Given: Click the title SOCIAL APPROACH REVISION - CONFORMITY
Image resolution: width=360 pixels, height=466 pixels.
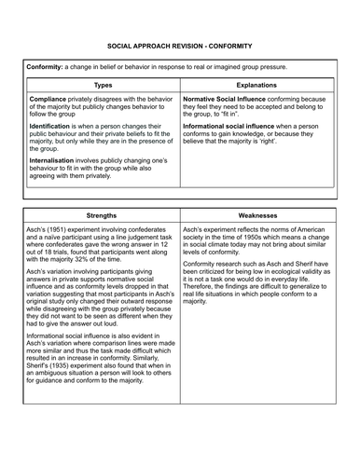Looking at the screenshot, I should [180, 46].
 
